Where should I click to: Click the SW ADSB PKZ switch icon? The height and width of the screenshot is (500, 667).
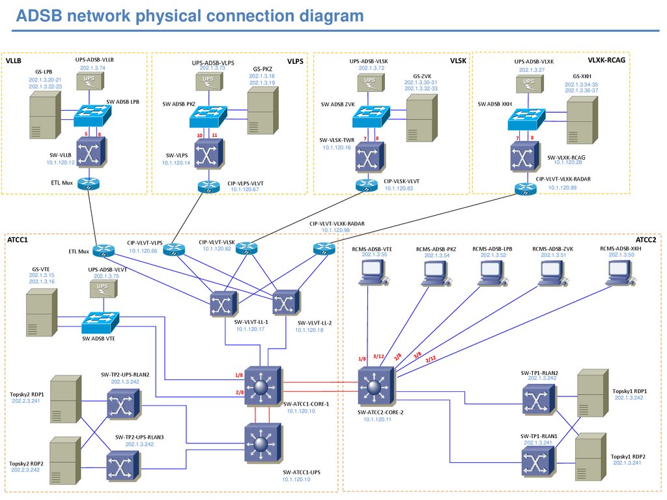pyautogui.click(x=208, y=117)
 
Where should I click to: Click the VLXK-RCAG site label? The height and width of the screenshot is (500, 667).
pyautogui.click(x=606, y=60)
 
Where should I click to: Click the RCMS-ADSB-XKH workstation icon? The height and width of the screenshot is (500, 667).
pyautogui.click(x=619, y=273)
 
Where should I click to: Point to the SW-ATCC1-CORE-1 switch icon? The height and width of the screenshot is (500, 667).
pyautogui.click(x=261, y=386)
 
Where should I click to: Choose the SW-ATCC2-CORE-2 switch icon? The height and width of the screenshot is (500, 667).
pyautogui.click(x=374, y=386)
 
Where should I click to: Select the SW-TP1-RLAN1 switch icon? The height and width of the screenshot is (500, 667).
pyautogui.click(x=539, y=462)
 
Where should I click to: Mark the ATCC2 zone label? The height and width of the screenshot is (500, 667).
pyautogui.click(x=646, y=240)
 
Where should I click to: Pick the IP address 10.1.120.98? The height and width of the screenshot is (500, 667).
pyautogui.click(x=336, y=230)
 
